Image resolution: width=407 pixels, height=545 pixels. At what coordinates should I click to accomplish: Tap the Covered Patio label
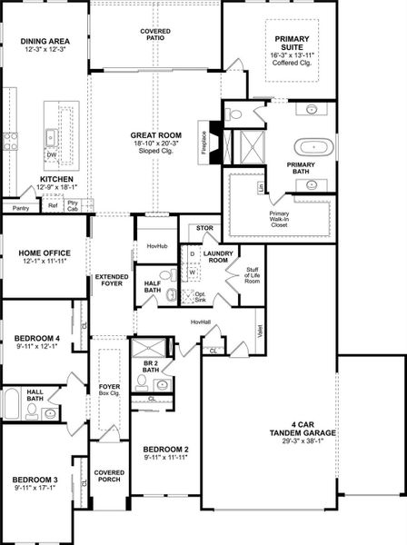pos(155,35)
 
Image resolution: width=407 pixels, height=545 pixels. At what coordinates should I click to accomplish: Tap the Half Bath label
pos(154,286)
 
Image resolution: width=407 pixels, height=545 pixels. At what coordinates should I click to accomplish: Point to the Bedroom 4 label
pos(38,338)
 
